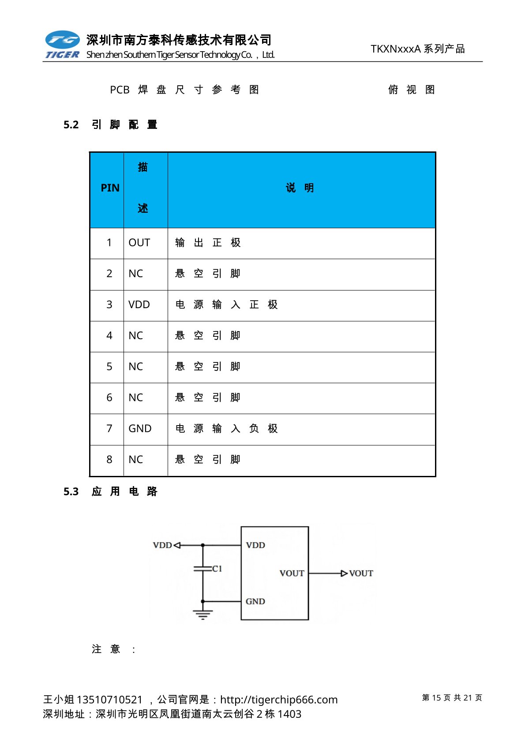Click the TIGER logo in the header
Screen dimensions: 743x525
[x=62, y=45]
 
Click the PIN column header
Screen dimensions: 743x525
[x=110, y=188]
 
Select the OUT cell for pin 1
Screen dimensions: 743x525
[x=139, y=243]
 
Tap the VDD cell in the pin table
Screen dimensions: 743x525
[x=139, y=305]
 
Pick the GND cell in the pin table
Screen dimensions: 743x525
[x=140, y=429]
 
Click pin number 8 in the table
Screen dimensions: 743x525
[x=109, y=460]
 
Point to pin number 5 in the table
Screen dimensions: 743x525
[x=109, y=367]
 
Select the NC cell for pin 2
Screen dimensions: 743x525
[x=135, y=274]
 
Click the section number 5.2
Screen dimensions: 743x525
[x=71, y=125]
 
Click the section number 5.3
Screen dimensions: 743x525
[x=71, y=492]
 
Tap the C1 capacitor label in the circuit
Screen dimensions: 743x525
[x=217, y=569]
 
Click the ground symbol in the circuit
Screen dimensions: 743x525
[x=202, y=614]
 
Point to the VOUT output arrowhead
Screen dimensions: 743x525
[x=344, y=573]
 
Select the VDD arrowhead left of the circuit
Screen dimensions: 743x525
[x=177, y=545]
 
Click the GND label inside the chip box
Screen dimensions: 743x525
[x=255, y=601]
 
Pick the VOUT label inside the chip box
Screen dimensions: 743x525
[x=292, y=573]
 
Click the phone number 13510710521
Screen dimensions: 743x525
[x=109, y=700]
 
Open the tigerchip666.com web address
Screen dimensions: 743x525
[x=279, y=700]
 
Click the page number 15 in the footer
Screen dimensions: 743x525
[x=436, y=698]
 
